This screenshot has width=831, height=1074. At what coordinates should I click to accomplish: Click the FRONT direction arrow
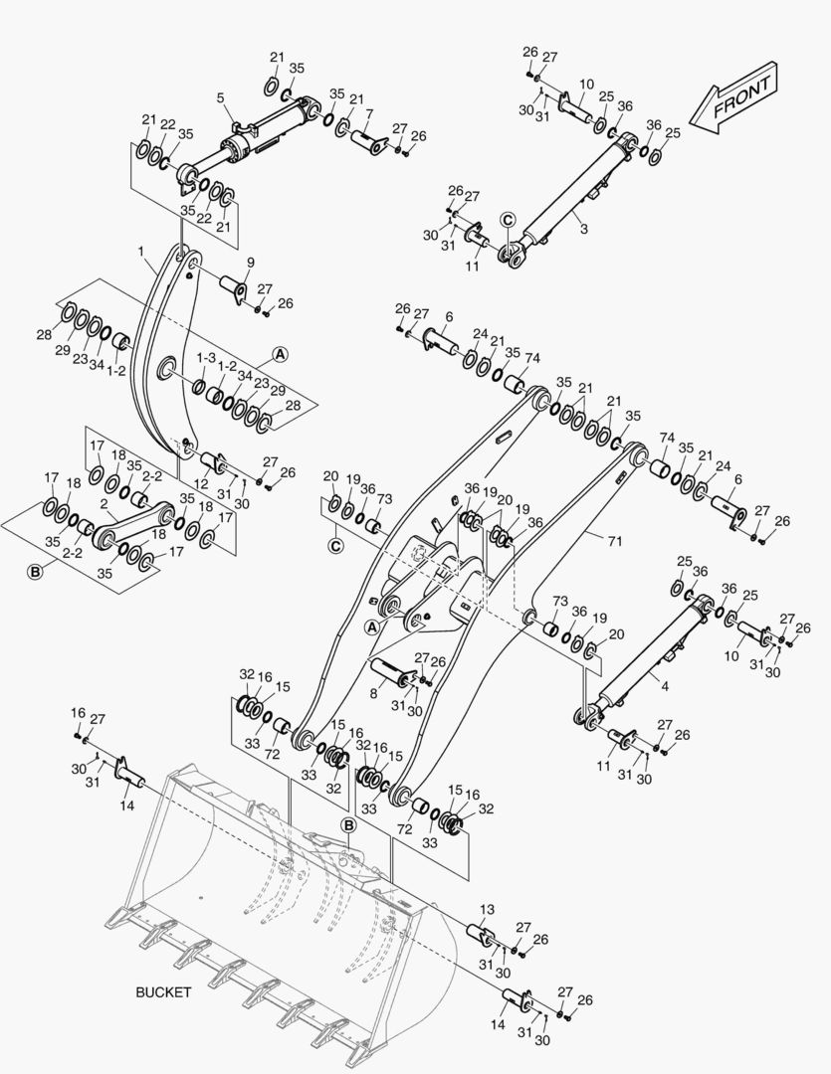pyautogui.click(x=732, y=97)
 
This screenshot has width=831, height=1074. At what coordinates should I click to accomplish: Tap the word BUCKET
pyautogui.click(x=163, y=991)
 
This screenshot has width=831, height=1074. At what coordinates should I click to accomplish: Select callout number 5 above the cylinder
pyautogui.click(x=221, y=98)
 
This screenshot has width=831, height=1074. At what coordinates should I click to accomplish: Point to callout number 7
pyautogui.click(x=369, y=113)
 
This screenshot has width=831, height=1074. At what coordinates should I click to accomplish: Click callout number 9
pyautogui.click(x=250, y=263)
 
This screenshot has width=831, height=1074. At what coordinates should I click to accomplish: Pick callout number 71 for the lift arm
pyautogui.click(x=615, y=541)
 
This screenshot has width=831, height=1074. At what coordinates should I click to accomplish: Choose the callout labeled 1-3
pyautogui.click(x=206, y=358)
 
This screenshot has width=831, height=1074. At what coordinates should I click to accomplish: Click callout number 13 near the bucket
pyautogui.click(x=487, y=910)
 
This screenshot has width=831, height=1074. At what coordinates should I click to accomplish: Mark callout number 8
pyautogui.click(x=373, y=694)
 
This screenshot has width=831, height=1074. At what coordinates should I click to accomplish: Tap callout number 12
pyautogui.click(x=200, y=483)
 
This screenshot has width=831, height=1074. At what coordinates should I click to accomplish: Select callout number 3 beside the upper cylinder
pyautogui.click(x=583, y=229)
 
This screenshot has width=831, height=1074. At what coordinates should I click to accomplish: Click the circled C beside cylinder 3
pyautogui.click(x=508, y=220)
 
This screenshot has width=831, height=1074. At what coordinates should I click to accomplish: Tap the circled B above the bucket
pyautogui.click(x=349, y=826)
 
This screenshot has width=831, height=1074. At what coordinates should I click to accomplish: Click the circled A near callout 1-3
pyautogui.click(x=280, y=354)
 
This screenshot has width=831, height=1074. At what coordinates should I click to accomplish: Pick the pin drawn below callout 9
pyautogui.click(x=232, y=287)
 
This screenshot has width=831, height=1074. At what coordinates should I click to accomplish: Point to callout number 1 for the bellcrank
pyautogui.click(x=141, y=252)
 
